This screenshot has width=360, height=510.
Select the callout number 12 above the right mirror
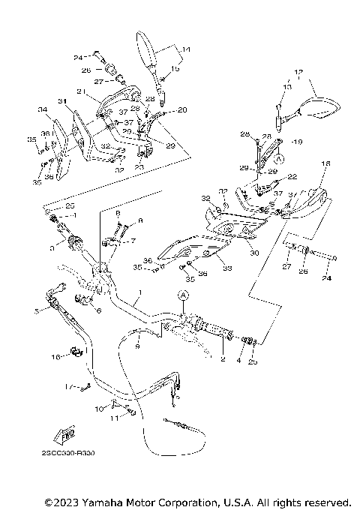298,73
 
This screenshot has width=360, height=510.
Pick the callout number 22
292,176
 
